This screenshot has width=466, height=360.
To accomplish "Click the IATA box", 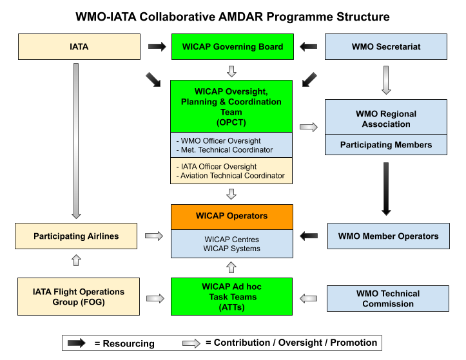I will coord(79,47).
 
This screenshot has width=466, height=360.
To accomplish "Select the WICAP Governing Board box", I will coord(232,47).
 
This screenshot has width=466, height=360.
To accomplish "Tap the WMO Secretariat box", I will coord(386,47).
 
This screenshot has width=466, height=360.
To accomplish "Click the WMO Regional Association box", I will coord(386,118).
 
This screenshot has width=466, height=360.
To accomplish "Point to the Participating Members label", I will coord(386,145).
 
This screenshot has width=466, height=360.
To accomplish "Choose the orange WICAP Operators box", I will coord(232,216).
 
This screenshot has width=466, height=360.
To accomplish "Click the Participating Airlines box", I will coord(76,236).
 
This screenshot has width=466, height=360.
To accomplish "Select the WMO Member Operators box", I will coord(388,236).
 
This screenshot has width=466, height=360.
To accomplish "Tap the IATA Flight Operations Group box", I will coord(79,297).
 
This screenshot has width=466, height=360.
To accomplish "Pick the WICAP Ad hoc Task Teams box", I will coord(232,297).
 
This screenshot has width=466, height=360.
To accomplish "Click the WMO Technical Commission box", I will coord(388,299).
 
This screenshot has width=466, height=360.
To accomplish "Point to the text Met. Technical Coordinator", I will coord(226,150).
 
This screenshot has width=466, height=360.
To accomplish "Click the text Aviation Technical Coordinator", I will coord(232,176).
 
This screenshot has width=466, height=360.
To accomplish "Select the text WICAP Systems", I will coord(232,249).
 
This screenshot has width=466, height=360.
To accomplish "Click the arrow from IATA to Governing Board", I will coord(157,46).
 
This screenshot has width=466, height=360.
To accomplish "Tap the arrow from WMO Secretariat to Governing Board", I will coord(309,46).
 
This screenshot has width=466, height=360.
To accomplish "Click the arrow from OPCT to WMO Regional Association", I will coord(309,127).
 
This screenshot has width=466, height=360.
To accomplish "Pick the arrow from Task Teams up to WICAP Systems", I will coord(232,267).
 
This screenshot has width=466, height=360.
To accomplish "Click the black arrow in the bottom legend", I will coord(77,343).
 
